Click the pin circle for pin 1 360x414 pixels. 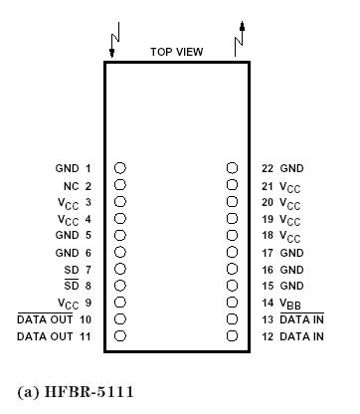[x=119, y=169]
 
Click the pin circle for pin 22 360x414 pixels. [x=232, y=169]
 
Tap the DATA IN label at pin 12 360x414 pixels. [x=301, y=336]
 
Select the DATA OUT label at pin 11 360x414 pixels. [x=47, y=336]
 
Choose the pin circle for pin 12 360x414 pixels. [x=232, y=336]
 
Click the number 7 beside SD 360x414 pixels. [x=88, y=270]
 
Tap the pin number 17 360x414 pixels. [x=267, y=253]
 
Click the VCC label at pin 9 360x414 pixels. [x=68, y=304]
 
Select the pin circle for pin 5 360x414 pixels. [x=119, y=236]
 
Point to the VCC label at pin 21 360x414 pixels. [x=291, y=186]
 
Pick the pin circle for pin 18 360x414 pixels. [x=232, y=236]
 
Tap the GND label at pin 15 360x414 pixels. [x=292, y=287]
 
